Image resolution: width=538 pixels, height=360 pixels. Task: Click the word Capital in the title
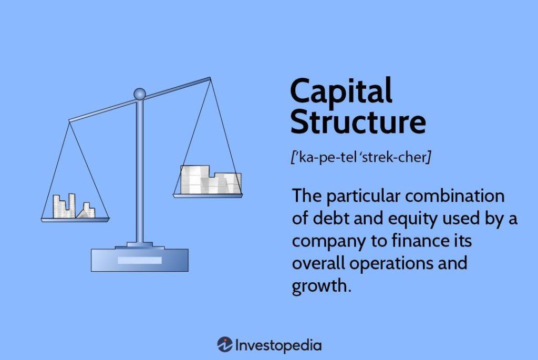pyautogui.click(x=341, y=91)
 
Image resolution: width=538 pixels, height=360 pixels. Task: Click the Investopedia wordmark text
pyautogui.click(x=278, y=345)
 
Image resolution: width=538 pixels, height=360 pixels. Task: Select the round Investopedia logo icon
pyautogui.click(x=224, y=345)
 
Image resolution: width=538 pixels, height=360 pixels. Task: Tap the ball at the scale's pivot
pyautogui.click(x=139, y=94)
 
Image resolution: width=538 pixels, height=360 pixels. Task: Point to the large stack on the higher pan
pyautogui.click(x=210, y=180)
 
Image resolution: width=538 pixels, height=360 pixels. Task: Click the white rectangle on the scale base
pyautogui.click(x=140, y=260)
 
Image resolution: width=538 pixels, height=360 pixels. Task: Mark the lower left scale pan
pyautogui.click(x=75, y=219)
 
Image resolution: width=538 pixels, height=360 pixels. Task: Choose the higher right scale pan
pyautogui.click(x=208, y=196)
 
